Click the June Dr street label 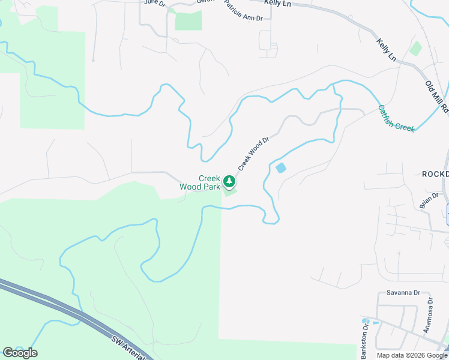[154, 2]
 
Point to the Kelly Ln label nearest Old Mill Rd [387, 50]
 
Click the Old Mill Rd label [436, 97]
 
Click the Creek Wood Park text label [200, 182]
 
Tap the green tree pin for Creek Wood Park [229, 181]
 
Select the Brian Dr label [430, 200]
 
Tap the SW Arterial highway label [128, 347]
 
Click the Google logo [19, 352]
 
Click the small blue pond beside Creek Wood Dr [280, 168]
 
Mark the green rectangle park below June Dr [188, 20]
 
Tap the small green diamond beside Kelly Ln [415, 49]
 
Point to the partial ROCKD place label [435, 174]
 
